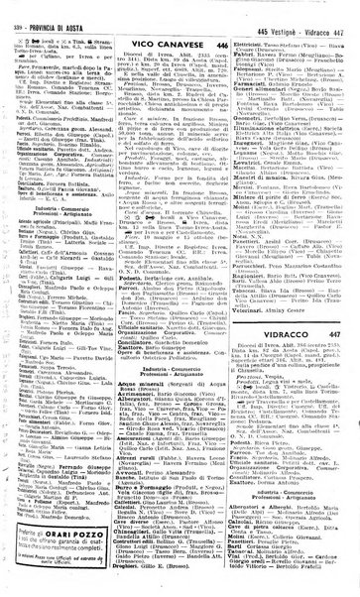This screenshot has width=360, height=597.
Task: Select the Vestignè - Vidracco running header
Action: click(303, 9)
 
